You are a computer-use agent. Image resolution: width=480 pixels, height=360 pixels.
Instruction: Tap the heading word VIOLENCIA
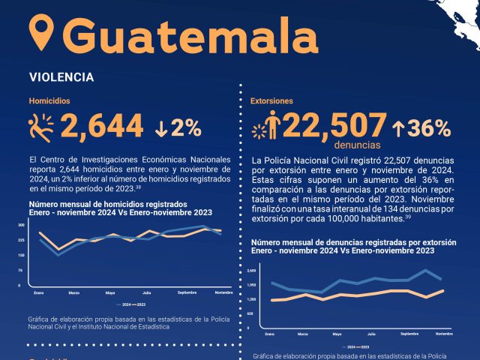[x=61, y=77]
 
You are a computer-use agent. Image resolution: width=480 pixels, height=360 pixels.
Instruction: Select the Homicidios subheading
[x=49, y=100]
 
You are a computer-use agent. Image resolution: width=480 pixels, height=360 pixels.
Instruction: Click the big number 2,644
[x=102, y=127]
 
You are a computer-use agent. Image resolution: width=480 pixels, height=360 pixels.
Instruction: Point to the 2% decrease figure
[x=178, y=128]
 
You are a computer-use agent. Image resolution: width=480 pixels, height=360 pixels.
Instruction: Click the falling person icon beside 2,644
[x=42, y=127]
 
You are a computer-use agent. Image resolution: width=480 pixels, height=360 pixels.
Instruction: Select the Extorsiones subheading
[x=271, y=100]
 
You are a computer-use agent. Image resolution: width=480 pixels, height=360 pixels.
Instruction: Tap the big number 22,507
[x=334, y=127]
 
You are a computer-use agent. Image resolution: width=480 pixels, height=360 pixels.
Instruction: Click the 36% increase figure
[x=421, y=128]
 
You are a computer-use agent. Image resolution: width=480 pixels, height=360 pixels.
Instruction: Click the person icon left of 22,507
[x=274, y=127]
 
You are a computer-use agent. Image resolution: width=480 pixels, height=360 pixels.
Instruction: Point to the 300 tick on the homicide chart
[x=20, y=225]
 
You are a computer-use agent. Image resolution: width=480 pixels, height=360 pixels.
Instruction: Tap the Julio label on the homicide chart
[x=147, y=292]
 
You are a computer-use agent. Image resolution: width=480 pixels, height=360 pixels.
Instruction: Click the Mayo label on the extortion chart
[x=337, y=333]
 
